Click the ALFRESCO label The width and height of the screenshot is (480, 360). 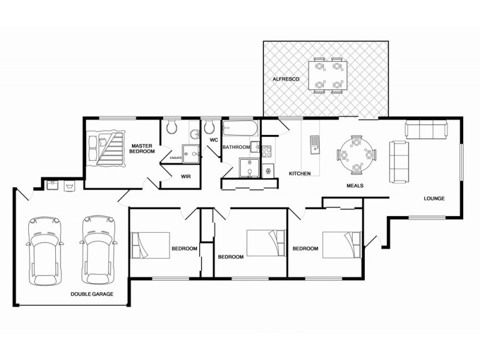coord(283,79)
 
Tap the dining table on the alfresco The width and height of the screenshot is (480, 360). coord(328,76)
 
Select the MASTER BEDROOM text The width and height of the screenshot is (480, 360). coord(142,148)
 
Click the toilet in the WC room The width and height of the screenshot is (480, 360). coord(209,127)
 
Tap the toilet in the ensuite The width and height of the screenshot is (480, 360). coord(171,127)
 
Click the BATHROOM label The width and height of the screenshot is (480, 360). coord(235,147)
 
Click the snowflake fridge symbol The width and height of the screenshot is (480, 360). coord(268,170)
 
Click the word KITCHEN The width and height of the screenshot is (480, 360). coord(299,174)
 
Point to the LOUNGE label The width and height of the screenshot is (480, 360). coord(434,199)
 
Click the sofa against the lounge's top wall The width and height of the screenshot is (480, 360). coord(425,128)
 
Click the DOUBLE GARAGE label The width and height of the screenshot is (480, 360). coord(92,294)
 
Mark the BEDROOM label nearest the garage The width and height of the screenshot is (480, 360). coord(184,248)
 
